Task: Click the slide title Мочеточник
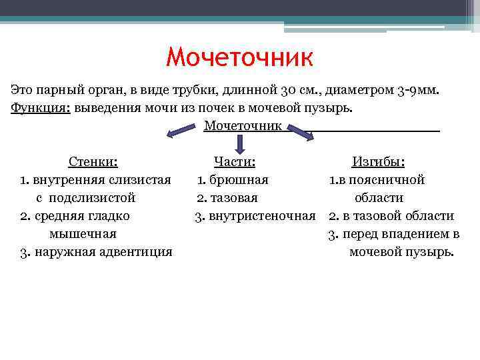(x=239, y=57)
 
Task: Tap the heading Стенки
(x=93, y=161)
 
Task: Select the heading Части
(x=235, y=161)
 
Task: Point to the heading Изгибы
(x=378, y=162)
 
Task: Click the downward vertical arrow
(x=240, y=141)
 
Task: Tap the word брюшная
(x=238, y=179)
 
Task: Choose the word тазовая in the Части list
(x=233, y=197)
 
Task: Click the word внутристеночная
(x=262, y=216)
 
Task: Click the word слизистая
(x=139, y=179)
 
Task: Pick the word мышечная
(x=83, y=234)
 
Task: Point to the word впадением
(x=417, y=234)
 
